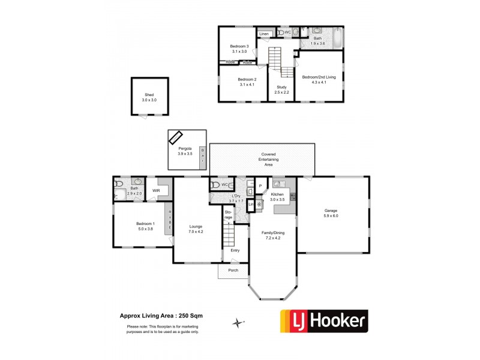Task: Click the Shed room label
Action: [x=148, y=97]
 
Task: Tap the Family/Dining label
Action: [x=273, y=235]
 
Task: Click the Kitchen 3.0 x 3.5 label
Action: [x=277, y=197]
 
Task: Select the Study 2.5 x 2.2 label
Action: [x=282, y=90]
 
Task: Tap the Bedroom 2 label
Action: [x=247, y=82]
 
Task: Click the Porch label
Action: [x=233, y=270]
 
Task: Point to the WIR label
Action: [x=156, y=191]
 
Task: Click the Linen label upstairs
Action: [x=264, y=34]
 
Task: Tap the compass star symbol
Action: [x=239, y=323]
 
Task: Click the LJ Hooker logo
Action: [x=325, y=321]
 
